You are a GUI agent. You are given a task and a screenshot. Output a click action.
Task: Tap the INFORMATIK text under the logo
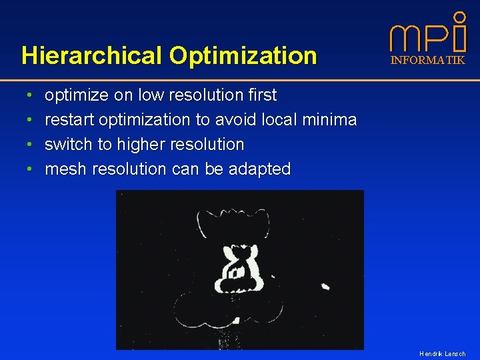coord(427,60)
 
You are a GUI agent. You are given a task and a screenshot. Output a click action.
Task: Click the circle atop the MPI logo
coord(459,16)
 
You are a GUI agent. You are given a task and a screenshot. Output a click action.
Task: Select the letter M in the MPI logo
coord(405,39)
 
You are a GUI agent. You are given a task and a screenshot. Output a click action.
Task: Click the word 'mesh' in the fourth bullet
coord(65,169)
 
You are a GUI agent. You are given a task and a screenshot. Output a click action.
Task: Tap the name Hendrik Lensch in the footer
coord(442,353)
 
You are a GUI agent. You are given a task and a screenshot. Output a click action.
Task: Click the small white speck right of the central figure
coord(325,286)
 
